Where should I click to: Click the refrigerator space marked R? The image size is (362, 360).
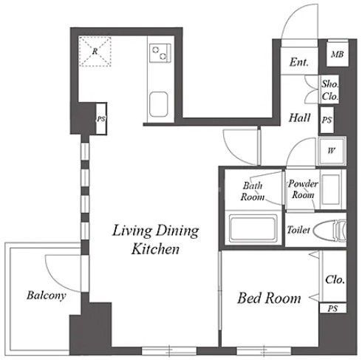95,51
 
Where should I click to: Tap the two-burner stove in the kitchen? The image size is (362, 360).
160,53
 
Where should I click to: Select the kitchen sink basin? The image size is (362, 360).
159,104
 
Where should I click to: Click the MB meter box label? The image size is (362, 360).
337,54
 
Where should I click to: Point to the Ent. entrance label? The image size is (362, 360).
299,62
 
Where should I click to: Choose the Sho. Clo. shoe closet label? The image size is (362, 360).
329,90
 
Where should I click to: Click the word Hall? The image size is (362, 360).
299,118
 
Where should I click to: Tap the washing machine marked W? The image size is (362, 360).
331,151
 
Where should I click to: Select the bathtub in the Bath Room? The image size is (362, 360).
253,228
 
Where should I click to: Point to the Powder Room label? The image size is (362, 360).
303,189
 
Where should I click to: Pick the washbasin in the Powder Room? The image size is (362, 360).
331,190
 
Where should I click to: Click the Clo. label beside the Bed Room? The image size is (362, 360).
335,279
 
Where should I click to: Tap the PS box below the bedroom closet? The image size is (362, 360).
333,308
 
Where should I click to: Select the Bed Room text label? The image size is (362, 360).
269,298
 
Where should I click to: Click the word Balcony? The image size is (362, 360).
47,296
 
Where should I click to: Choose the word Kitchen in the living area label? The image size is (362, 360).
155,248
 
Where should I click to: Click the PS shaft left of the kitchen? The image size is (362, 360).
101,119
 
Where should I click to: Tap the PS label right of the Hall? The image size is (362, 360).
327,120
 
